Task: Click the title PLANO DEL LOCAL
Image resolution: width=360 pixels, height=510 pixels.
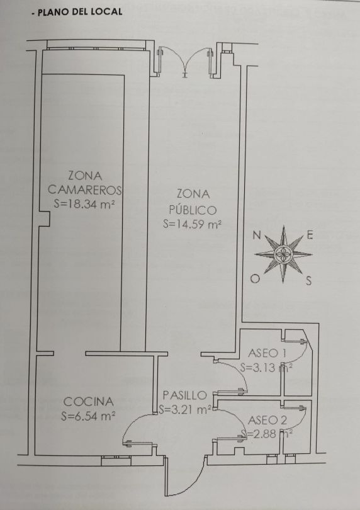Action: [80, 13]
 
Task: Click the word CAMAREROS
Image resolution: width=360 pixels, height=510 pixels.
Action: [84, 190]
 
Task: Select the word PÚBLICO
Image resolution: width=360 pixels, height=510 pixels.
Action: [193, 210]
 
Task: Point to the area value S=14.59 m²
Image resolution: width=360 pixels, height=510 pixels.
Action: [192, 224]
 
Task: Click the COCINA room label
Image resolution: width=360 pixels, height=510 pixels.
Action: [89, 402]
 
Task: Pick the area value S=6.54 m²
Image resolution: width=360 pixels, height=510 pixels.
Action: [88, 416]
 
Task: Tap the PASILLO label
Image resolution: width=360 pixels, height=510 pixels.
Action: [184, 395]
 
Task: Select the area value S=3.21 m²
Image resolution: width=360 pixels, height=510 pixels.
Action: [186, 409]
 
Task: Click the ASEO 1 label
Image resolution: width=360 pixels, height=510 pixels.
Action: [267, 353]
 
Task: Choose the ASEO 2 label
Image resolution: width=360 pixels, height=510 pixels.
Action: [267, 420]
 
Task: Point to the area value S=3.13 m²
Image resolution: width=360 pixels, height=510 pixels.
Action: [266, 368]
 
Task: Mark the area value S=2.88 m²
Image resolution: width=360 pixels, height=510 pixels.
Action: [266, 434]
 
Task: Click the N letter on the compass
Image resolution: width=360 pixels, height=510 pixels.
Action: [257, 235]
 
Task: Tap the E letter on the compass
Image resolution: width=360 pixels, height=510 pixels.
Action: [310, 235]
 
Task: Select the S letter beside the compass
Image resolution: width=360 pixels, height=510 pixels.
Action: [308, 281]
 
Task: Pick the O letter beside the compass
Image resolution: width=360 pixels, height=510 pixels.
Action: [256, 279]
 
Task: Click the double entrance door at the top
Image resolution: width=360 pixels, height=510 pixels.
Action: [184, 60]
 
